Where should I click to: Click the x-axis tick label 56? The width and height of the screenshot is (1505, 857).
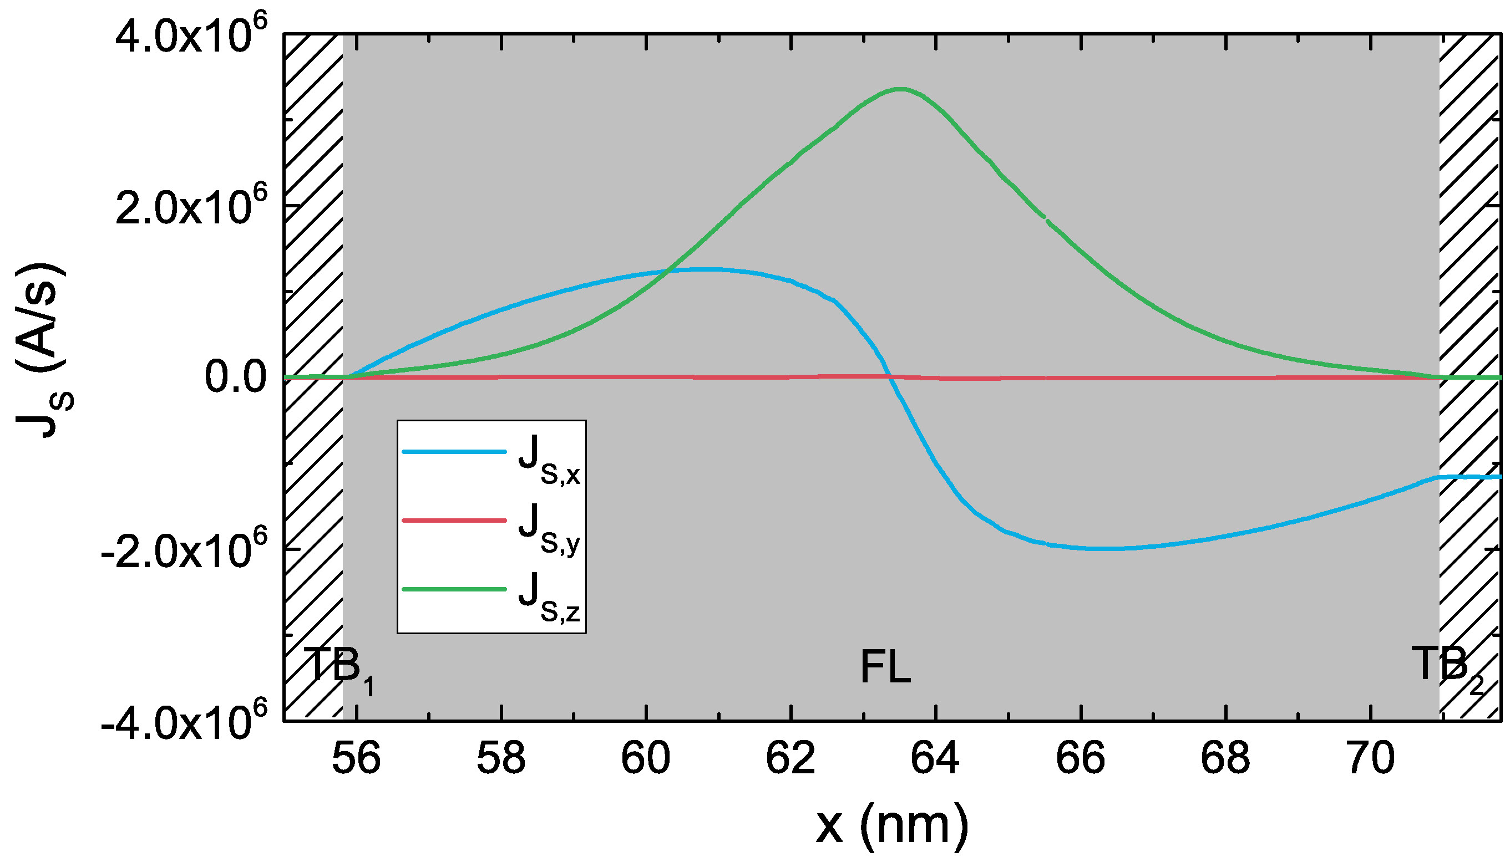click(356, 759)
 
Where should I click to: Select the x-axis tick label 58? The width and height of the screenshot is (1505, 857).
click(501, 759)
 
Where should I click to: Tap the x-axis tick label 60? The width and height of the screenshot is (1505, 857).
click(646, 759)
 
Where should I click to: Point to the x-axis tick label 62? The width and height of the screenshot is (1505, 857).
click(790, 759)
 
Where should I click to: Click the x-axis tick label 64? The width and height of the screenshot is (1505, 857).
click(935, 759)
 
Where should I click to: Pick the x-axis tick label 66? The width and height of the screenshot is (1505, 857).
click(1080, 759)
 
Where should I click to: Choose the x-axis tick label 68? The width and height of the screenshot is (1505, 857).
click(1225, 759)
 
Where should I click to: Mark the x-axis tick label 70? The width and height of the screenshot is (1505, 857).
click(1371, 759)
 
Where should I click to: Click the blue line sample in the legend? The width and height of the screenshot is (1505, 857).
click(454, 451)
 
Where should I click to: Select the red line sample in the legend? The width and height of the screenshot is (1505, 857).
click(454, 521)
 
